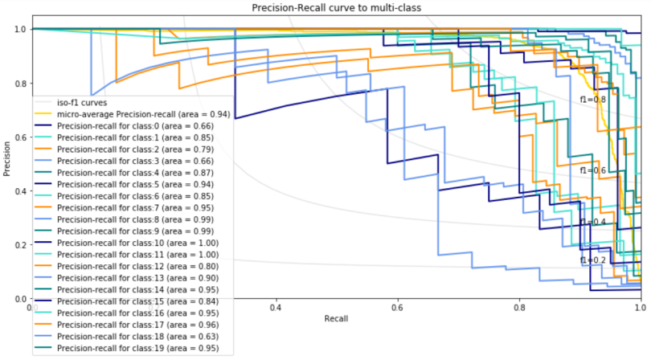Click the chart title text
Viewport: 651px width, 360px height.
point(336,8)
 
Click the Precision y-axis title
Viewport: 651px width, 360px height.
point(7,164)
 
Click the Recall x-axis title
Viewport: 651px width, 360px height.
point(336,319)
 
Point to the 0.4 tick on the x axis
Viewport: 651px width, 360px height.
point(276,308)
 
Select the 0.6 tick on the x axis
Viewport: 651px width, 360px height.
point(398,308)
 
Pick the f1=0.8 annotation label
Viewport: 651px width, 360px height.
point(593,100)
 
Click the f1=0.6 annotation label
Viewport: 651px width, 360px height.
point(593,171)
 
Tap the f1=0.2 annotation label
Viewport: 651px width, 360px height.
point(592,260)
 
